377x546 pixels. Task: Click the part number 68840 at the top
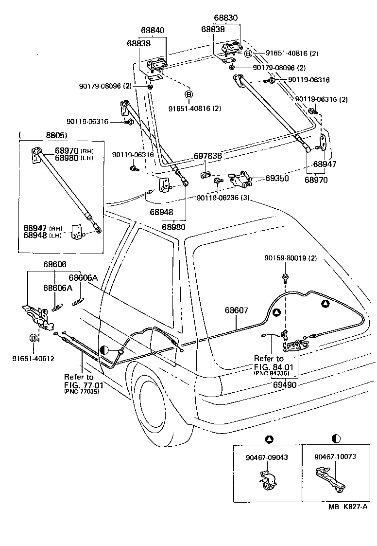(153, 30)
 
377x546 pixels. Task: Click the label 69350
(276, 179)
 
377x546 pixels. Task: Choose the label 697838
(208, 156)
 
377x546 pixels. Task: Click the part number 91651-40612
(33, 359)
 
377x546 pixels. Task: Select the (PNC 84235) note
(271, 373)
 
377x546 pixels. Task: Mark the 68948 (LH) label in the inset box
(43, 236)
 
